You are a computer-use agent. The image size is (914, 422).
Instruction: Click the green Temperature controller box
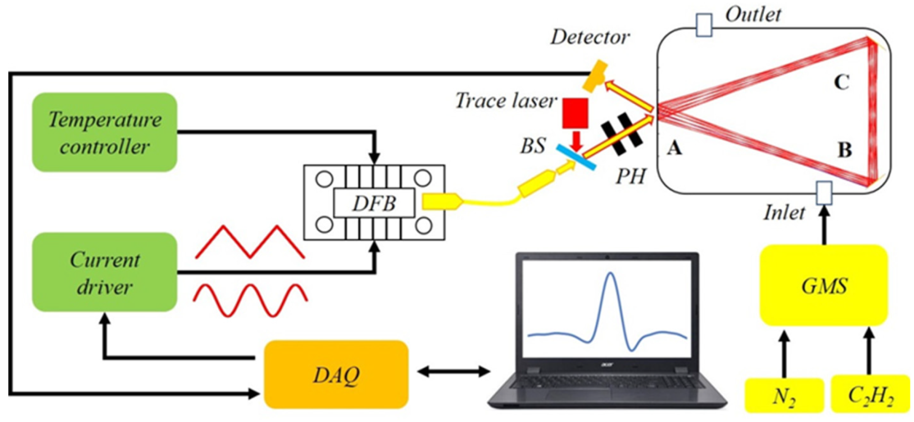point(105,132)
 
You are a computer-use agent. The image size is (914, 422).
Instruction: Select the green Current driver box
point(105,272)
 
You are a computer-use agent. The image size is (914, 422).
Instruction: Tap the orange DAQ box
point(336,374)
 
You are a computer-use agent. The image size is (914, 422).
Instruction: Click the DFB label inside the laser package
point(374,203)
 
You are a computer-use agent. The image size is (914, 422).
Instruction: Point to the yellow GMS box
point(824,286)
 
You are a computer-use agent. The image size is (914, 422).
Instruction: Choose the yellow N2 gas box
point(784,396)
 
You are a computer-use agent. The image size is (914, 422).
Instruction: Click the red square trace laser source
point(575,113)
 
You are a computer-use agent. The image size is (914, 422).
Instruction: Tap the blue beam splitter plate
point(576,157)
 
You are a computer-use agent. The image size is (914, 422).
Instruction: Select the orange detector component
point(595,76)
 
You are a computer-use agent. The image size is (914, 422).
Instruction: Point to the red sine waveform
point(250,300)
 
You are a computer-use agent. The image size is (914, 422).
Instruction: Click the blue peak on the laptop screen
point(611,283)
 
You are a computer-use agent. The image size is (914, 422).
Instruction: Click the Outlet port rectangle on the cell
point(704,25)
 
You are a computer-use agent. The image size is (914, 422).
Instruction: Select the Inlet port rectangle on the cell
point(824,193)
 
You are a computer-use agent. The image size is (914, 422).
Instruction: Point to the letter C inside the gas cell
point(841,82)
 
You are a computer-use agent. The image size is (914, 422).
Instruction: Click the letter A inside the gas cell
point(675,148)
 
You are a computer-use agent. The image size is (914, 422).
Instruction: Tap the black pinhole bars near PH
point(621,133)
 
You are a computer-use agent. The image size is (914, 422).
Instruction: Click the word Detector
point(590,37)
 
